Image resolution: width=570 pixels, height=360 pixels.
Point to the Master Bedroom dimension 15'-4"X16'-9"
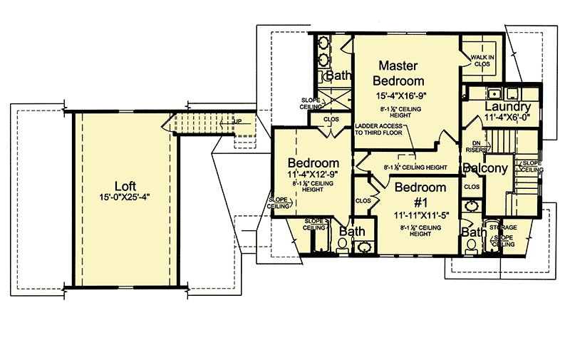tap(401, 96)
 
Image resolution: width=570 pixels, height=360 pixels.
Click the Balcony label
tap(484, 169)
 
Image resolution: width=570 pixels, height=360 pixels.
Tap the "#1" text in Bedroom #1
tap(421, 201)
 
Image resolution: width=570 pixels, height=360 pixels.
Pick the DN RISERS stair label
tap(475, 147)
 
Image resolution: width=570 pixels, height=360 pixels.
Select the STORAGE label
tap(503, 227)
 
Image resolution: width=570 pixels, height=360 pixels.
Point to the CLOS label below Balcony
tap(472, 187)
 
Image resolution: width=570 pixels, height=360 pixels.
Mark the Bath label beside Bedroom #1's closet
tap(352, 232)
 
